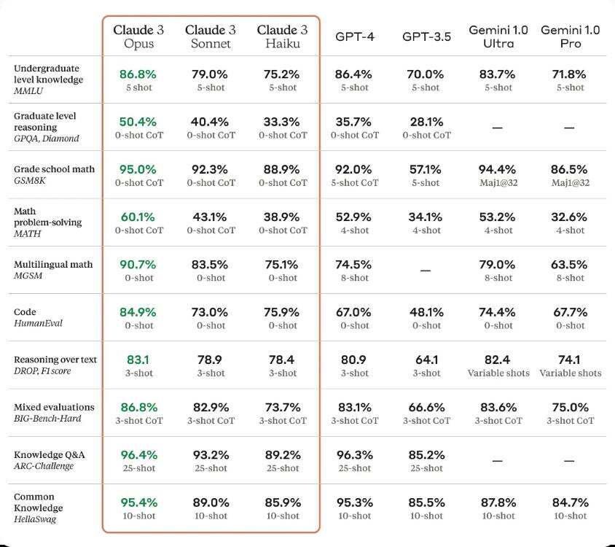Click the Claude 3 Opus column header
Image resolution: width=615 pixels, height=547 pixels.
click(x=138, y=36)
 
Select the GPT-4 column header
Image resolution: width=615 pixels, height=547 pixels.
click(x=355, y=36)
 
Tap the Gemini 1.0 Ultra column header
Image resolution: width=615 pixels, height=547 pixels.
click(x=498, y=36)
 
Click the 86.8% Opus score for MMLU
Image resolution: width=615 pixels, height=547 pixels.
click(x=138, y=74)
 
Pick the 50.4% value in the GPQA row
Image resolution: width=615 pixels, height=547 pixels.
click(x=138, y=122)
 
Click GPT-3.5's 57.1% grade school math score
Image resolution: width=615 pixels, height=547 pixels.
click(x=426, y=169)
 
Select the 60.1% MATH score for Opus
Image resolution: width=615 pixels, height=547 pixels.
click(x=138, y=217)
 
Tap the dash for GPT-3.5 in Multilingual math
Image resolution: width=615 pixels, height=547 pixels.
click(x=426, y=271)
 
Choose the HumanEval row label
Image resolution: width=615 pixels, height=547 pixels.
click(x=38, y=323)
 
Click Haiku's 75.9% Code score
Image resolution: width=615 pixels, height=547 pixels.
click(x=283, y=312)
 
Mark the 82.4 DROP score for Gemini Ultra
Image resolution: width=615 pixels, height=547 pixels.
click(x=498, y=360)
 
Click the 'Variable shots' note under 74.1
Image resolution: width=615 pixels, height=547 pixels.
click(x=571, y=373)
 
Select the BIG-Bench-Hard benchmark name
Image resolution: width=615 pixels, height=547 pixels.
click(x=47, y=419)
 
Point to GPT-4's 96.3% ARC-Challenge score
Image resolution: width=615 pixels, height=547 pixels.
click(x=355, y=454)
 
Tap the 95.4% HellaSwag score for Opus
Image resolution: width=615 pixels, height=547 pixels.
click(x=138, y=503)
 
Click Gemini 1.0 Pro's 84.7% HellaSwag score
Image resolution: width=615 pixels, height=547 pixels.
click(x=571, y=503)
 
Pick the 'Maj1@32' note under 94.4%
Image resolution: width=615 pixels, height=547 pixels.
click(x=498, y=183)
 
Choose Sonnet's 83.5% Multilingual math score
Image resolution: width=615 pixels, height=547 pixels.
click(x=211, y=265)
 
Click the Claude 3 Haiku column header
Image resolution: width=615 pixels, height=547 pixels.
click(x=283, y=36)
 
